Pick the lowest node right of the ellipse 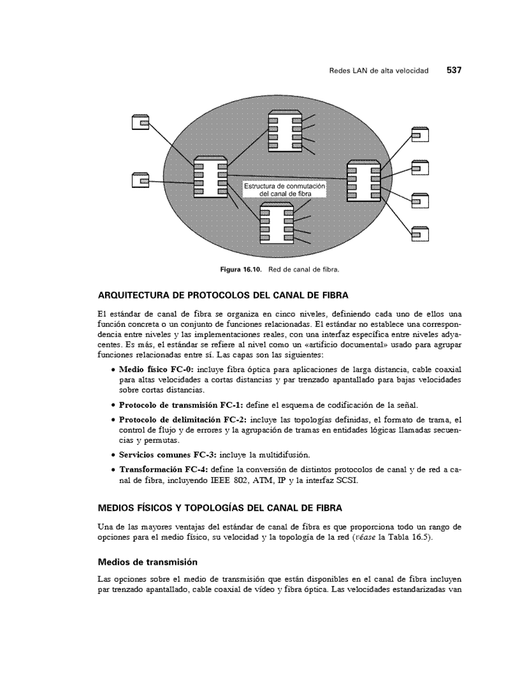tap(419, 234)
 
